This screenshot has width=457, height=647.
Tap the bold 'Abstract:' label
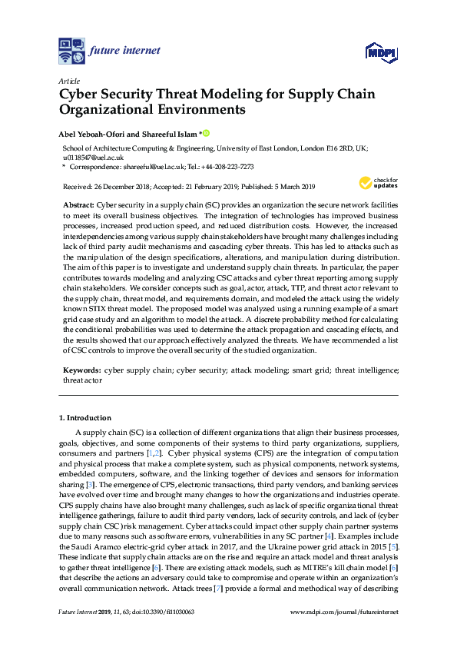point(78,206)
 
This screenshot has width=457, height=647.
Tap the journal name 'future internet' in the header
point(124,51)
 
